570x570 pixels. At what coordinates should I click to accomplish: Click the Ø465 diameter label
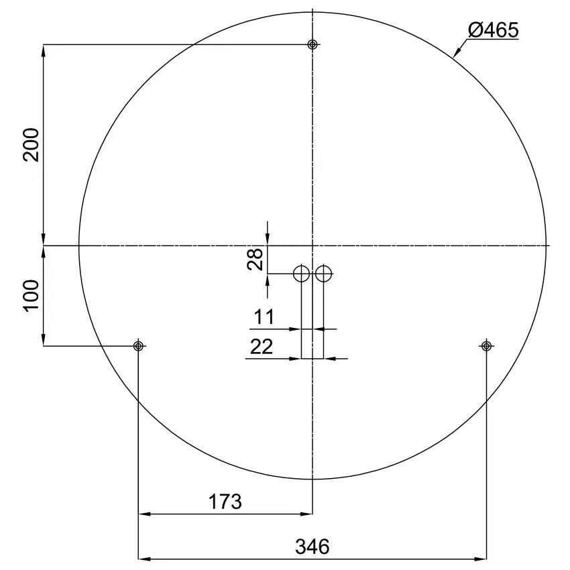[494, 30]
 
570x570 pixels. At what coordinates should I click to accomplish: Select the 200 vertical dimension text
[31, 145]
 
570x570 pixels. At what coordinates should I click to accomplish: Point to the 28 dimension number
[255, 260]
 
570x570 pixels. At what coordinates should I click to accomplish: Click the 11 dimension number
[264, 317]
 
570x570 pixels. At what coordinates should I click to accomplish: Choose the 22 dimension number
[262, 347]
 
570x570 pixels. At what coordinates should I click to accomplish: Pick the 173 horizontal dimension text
[225, 502]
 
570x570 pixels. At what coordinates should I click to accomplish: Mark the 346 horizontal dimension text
[312, 547]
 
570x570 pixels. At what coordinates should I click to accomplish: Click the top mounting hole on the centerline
[312, 44]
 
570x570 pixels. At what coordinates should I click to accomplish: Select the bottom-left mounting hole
[138, 346]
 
